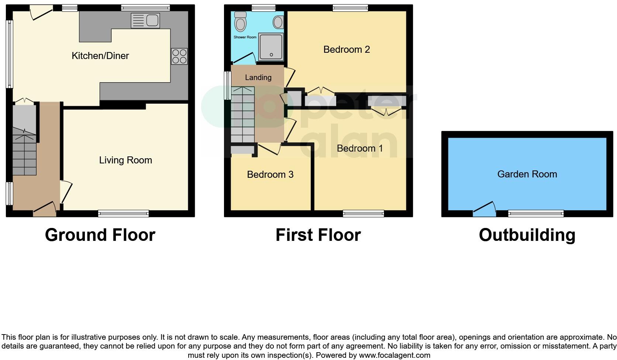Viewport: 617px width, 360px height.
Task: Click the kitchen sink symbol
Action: point(145,20)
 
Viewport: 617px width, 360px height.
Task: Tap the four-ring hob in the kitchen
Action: point(179,56)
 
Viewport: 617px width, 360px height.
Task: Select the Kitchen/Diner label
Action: point(100,56)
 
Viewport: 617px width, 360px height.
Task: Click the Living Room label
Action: point(125,160)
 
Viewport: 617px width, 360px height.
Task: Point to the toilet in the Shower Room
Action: point(241,22)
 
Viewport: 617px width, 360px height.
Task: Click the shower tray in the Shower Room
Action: point(271,47)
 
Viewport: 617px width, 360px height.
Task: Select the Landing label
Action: point(258,77)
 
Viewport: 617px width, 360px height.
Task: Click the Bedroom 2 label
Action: point(347,49)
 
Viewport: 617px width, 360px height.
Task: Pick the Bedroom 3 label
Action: point(270,174)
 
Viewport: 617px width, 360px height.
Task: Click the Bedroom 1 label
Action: point(360,148)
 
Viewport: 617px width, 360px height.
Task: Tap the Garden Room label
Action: point(527,174)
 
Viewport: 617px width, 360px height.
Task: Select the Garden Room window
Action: point(536,213)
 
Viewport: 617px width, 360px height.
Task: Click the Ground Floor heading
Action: point(100,235)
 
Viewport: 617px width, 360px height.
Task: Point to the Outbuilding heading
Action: point(527,235)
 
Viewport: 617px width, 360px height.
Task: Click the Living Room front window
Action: point(124,213)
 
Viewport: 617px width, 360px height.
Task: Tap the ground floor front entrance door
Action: point(45,209)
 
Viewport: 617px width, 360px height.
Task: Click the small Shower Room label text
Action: point(245,37)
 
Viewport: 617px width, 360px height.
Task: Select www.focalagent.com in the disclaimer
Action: point(394,355)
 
